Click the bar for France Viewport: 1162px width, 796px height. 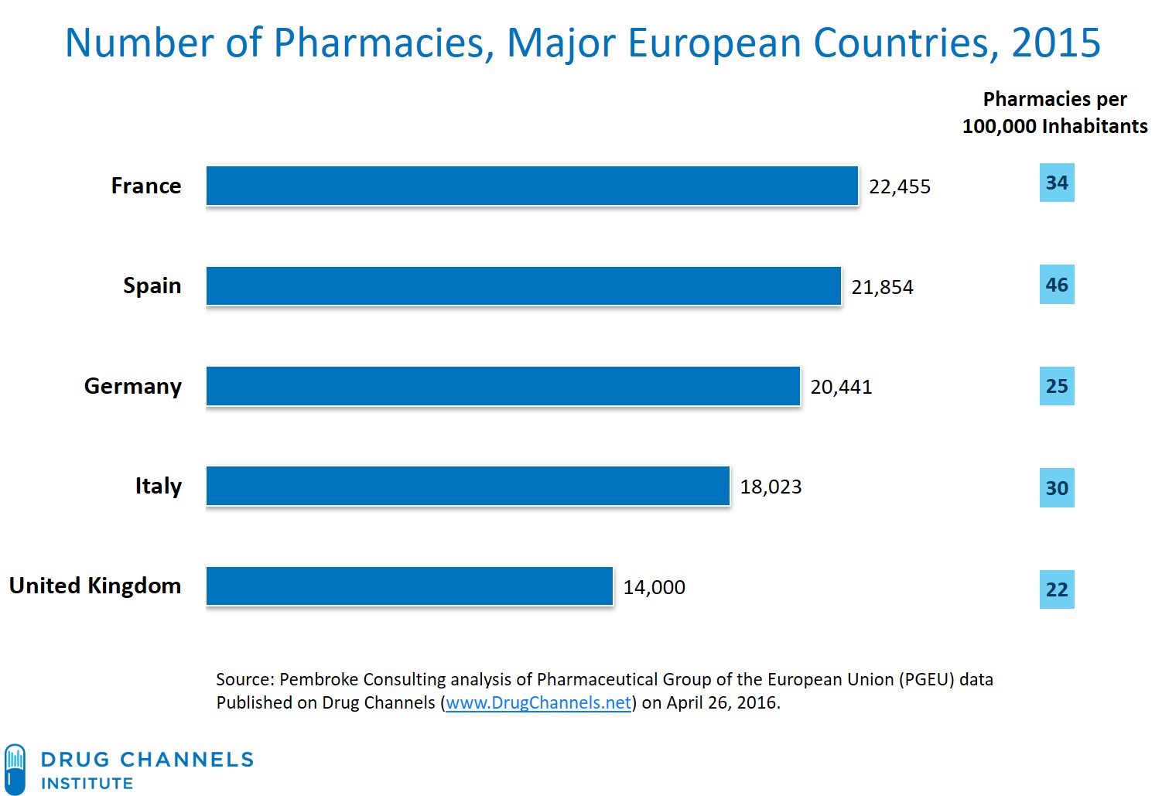tap(532, 186)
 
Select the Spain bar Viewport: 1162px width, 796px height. tap(524, 286)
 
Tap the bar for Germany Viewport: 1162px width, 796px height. tap(503, 386)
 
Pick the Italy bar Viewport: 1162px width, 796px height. tap(468, 486)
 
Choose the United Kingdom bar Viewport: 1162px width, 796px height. tap(409, 586)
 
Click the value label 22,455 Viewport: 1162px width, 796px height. tap(900, 187)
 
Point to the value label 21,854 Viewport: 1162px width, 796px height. tap(882, 287)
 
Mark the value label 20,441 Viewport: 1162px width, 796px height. tap(841, 387)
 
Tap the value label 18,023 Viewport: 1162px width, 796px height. tap(771, 487)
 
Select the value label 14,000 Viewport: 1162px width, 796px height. tap(654, 587)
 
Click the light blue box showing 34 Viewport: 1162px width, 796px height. tap(1057, 183)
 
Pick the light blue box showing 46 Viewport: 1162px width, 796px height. tap(1057, 285)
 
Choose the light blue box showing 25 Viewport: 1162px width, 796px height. tap(1057, 386)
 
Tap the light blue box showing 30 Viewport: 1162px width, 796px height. tap(1057, 488)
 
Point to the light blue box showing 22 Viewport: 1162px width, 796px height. tap(1057, 589)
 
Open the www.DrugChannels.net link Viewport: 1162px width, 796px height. tap(538, 702)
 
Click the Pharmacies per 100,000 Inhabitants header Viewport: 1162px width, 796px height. tap(1054, 113)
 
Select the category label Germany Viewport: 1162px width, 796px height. tap(133, 386)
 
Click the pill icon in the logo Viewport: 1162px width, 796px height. tap(15, 769)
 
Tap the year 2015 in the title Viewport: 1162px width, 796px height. tap(1055, 43)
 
